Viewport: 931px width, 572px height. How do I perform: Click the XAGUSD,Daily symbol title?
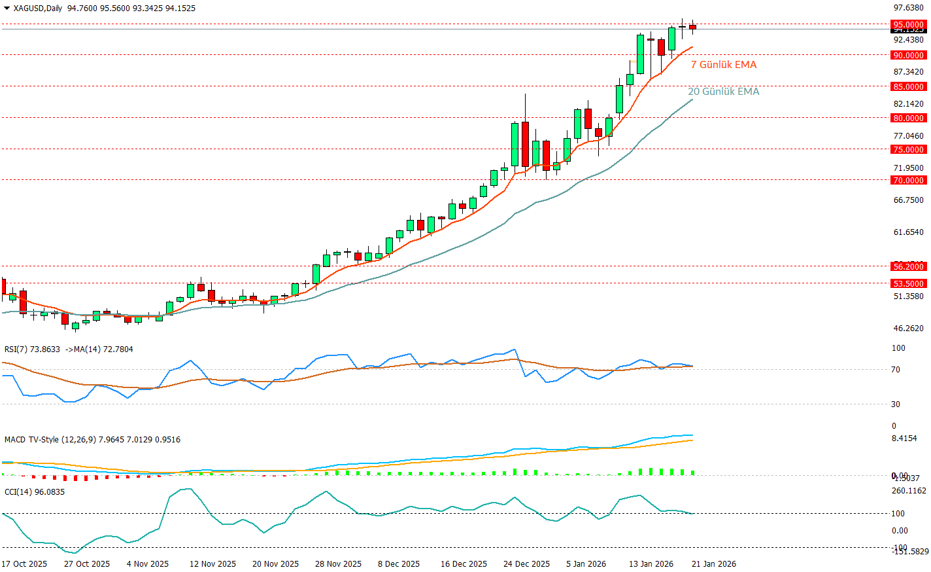click(38, 9)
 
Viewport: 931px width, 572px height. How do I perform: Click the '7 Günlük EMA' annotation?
click(724, 65)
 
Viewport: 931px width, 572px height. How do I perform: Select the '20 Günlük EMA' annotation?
click(724, 92)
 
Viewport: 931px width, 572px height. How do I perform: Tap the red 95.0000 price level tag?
click(909, 25)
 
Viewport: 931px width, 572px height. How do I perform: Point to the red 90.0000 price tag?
click(909, 56)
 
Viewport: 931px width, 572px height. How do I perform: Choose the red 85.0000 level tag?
click(909, 87)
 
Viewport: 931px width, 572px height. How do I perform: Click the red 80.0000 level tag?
click(909, 118)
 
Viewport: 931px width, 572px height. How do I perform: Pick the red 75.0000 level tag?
click(909, 150)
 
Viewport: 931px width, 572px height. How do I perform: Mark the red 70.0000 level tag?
click(909, 181)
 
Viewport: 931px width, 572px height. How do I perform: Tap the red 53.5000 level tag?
click(909, 284)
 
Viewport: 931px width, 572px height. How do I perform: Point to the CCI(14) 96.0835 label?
click(35, 492)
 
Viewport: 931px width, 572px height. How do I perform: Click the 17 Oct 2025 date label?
click(24, 564)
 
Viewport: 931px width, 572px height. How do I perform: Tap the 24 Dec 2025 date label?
click(526, 564)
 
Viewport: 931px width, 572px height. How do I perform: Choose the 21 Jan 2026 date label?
click(714, 564)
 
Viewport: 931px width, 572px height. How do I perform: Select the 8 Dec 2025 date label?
click(399, 564)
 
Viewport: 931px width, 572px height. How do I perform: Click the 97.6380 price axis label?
click(909, 9)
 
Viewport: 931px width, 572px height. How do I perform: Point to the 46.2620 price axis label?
click(909, 329)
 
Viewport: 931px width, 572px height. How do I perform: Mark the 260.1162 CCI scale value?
click(909, 491)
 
